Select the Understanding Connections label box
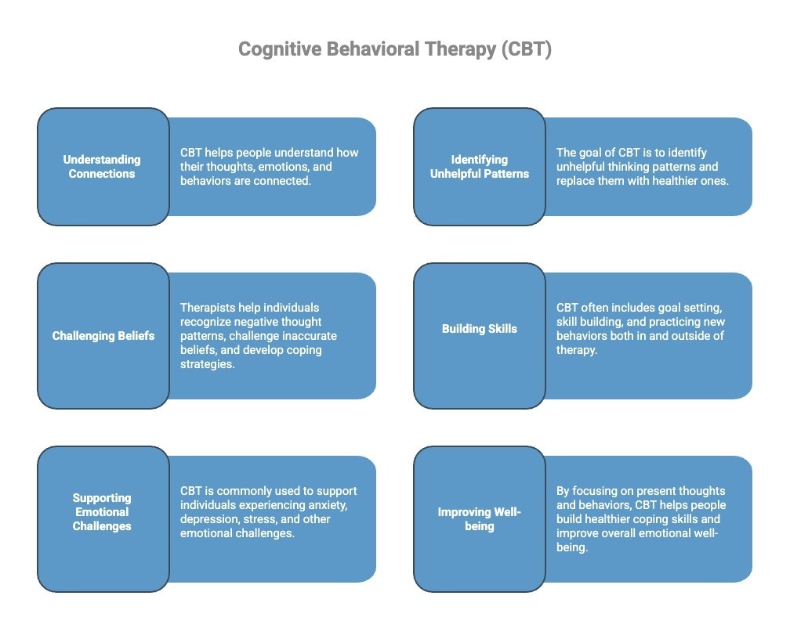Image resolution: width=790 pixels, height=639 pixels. click(x=102, y=167)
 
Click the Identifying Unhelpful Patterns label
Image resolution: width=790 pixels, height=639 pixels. click(x=479, y=167)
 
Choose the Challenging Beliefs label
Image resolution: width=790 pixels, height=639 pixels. click(x=103, y=336)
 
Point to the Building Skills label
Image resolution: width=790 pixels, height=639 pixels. click(x=479, y=329)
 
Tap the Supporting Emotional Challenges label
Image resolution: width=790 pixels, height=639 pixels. click(x=102, y=512)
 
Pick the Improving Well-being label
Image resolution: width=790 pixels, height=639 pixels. click(x=479, y=519)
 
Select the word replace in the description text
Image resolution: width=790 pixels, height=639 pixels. click(x=575, y=181)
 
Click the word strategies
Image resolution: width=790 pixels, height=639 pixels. click(x=207, y=364)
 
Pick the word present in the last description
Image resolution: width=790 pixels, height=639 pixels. click(x=640, y=491)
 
